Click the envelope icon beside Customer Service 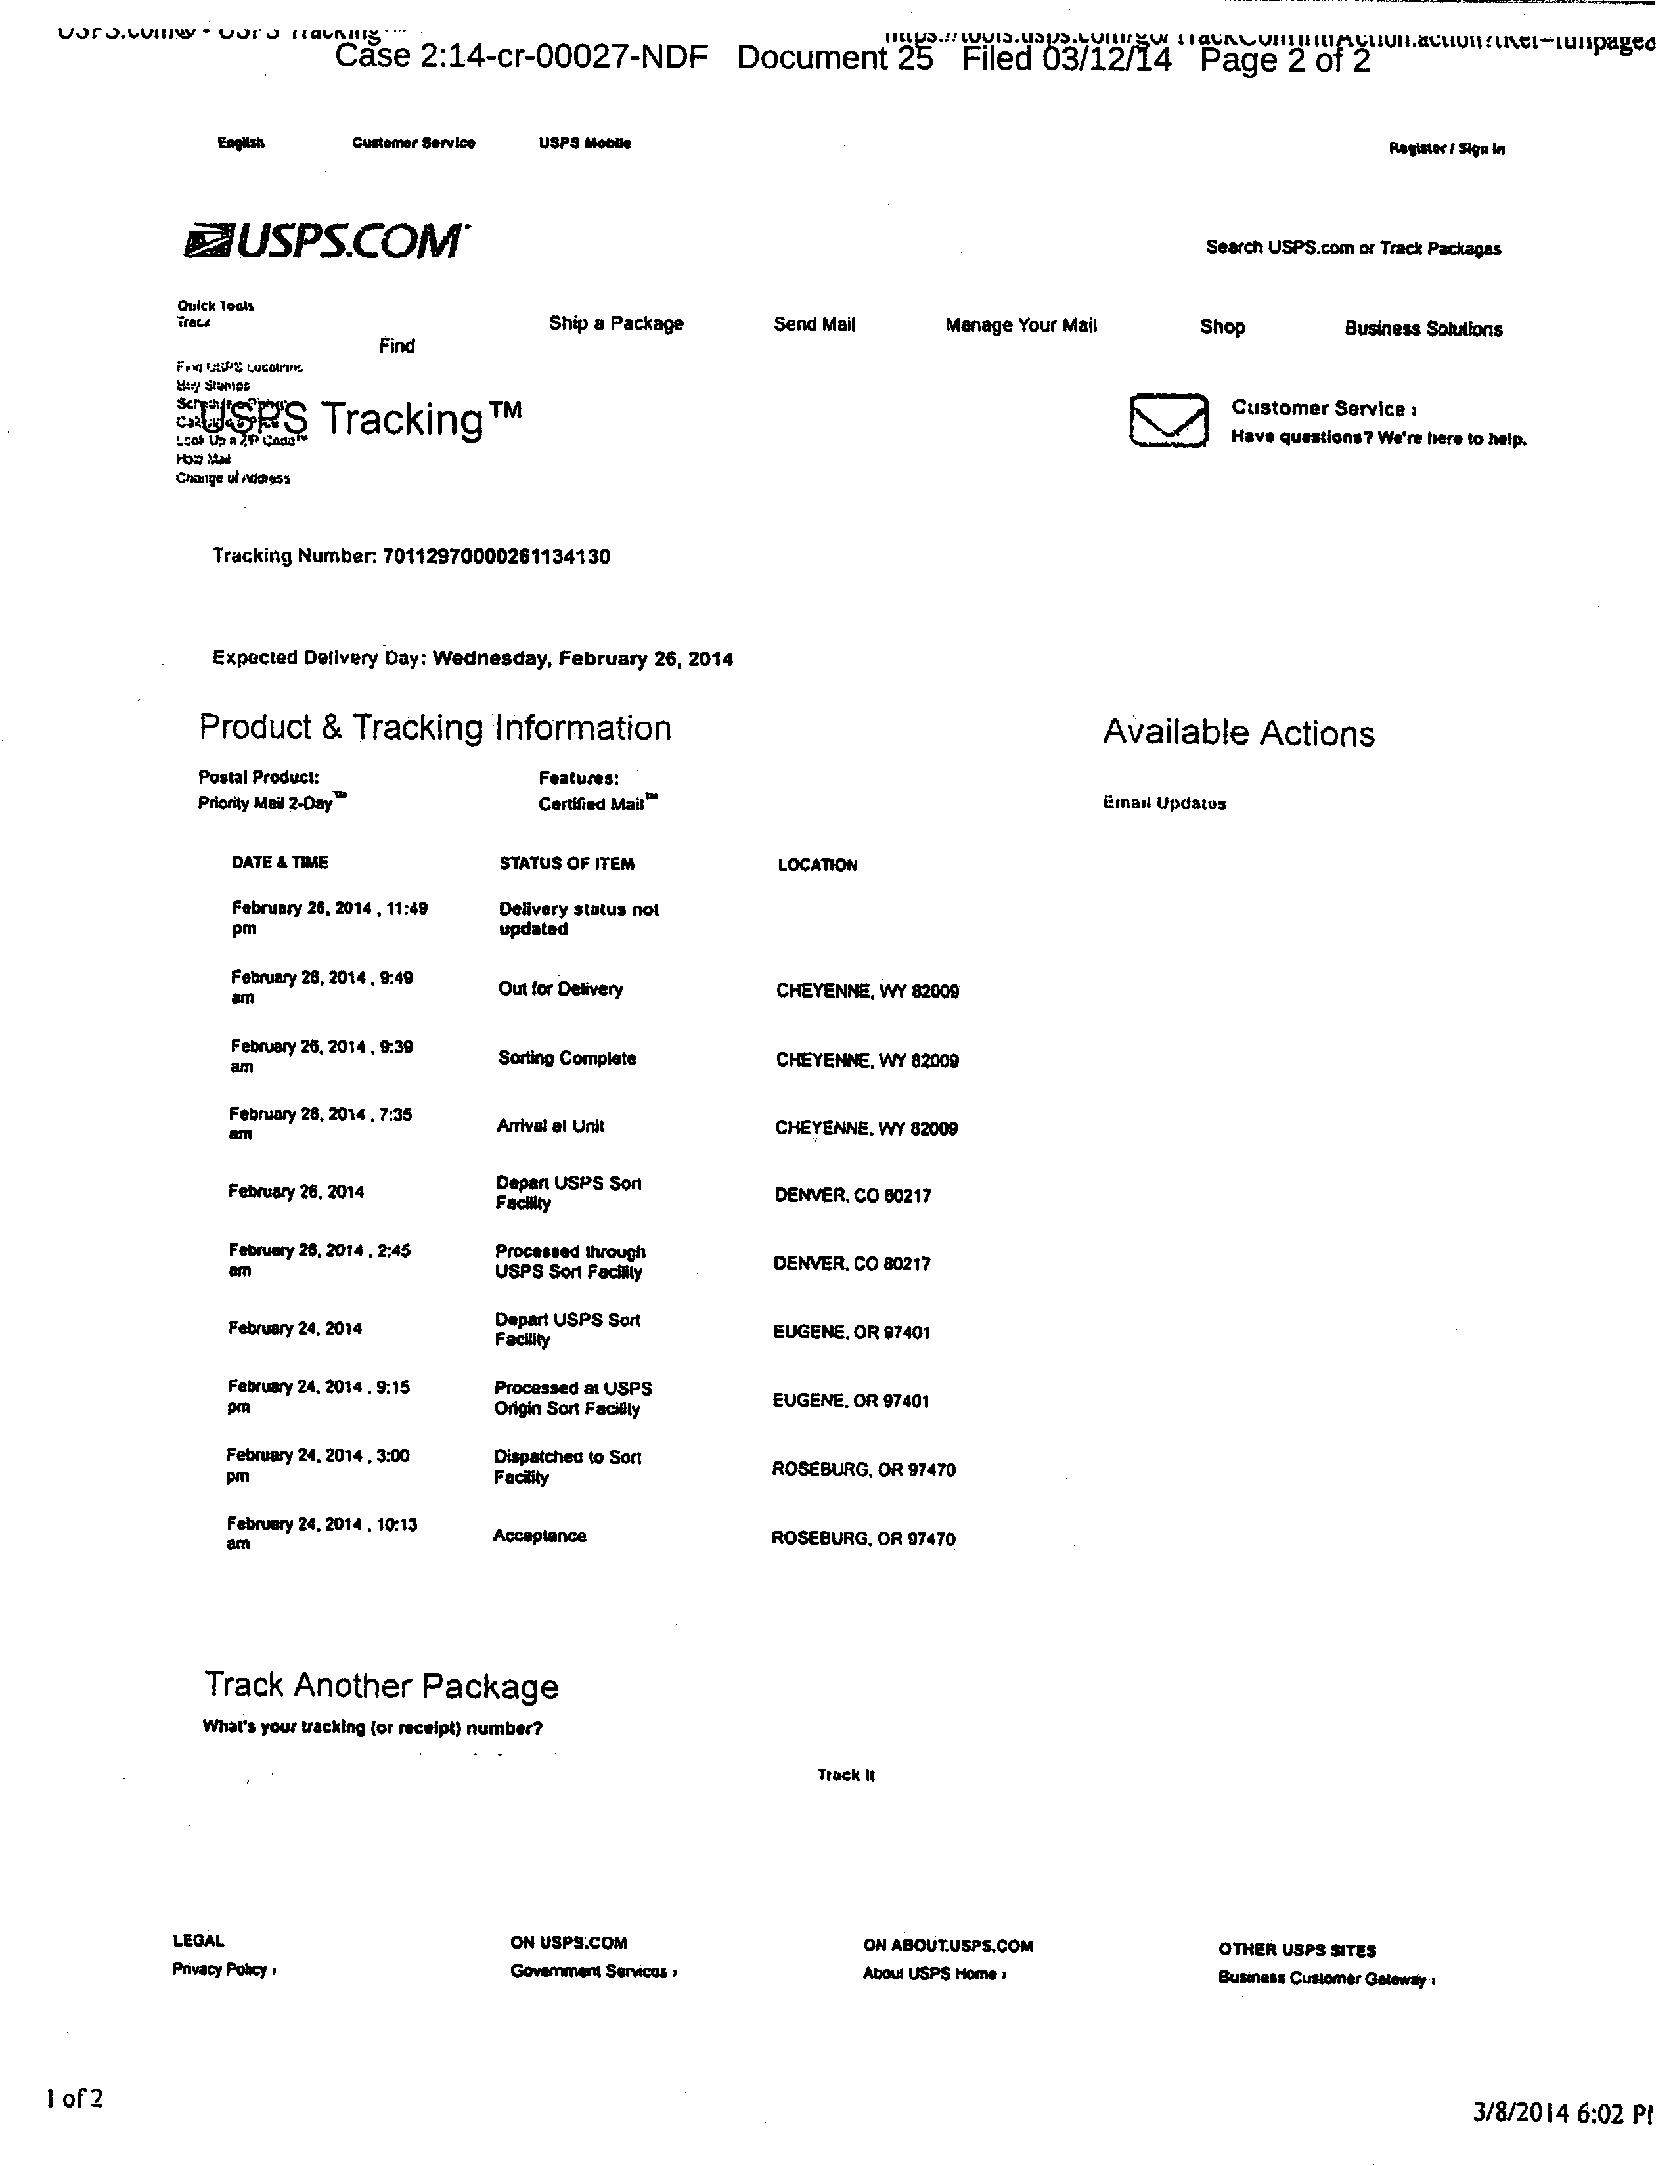tap(1169, 420)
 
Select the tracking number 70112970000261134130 tap(496, 556)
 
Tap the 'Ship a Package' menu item tap(616, 323)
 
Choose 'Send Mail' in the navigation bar tap(815, 324)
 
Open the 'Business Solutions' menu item tap(1423, 328)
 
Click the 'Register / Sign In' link tap(1446, 149)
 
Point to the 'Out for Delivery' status tap(560, 989)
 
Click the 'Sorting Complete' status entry tap(566, 1058)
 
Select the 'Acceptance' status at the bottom tap(539, 1536)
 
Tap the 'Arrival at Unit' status tap(550, 1126)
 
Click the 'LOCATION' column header tap(817, 865)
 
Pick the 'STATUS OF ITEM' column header tap(566, 864)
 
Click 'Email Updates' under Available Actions tap(1164, 803)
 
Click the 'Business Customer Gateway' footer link tap(1326, 1979)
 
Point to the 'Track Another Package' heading tap(382, 1686)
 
